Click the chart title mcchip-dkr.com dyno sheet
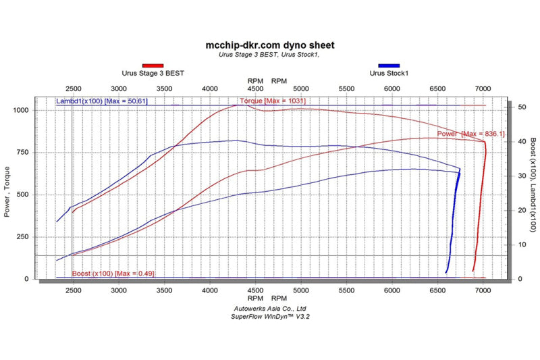pos(269,45)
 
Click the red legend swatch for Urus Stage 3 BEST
pos(153,66)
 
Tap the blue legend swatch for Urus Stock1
pos(389,66)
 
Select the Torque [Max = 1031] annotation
pos(272,101)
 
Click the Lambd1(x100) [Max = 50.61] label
pos(102,101)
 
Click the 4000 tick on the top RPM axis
pos(210,88)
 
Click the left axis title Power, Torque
pos(9,195)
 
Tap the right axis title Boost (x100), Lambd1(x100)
pos(533,186)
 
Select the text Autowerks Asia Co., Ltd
pos(269,308)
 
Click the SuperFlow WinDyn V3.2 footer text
pos(269,316)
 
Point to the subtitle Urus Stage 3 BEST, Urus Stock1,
pos(269,55)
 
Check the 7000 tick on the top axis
pos(483,88)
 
